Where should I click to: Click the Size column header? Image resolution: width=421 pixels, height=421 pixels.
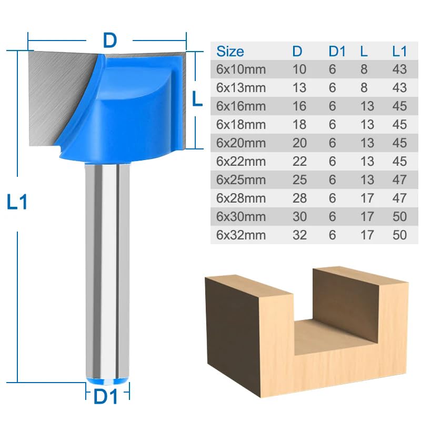(230, 51)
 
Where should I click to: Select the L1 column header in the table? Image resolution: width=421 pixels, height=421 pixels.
(400, 51)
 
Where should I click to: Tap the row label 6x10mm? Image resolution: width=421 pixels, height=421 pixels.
(240, 69)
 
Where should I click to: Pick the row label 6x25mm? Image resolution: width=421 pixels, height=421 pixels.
(240, 179)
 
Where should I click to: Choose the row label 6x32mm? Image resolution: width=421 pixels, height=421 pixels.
(240, 234)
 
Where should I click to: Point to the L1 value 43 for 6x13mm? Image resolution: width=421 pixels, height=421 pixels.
(400, 87)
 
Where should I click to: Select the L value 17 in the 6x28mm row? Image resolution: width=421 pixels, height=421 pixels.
(367, 198)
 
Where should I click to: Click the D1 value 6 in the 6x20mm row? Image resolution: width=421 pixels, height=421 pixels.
(332, 143)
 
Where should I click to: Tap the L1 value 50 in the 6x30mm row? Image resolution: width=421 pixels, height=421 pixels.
(400, 216)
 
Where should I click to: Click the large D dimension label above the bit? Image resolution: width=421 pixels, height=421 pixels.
(109, 40)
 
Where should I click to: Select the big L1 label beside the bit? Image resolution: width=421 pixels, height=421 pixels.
(17, 203)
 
